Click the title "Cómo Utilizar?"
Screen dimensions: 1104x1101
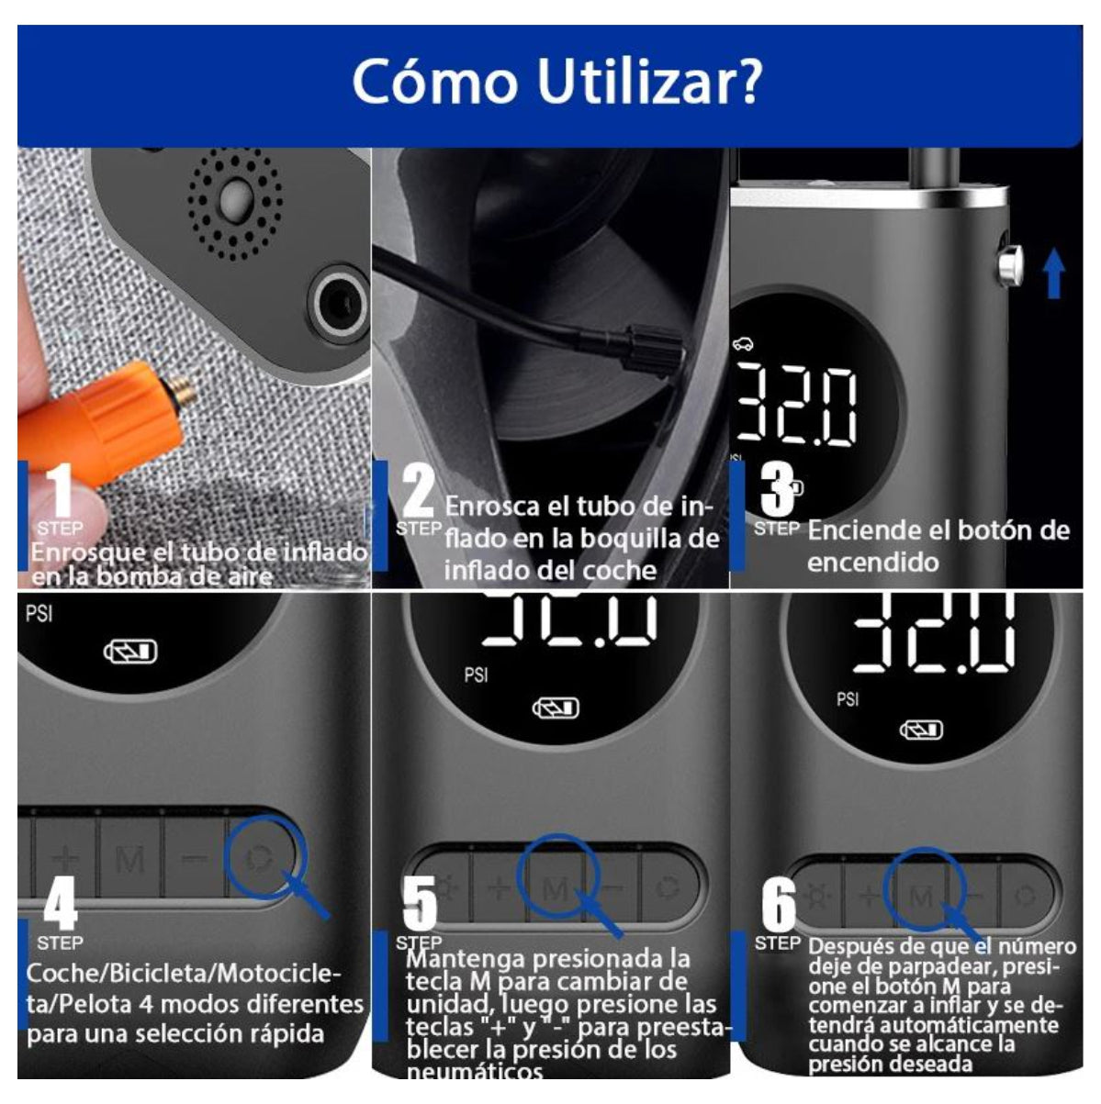pyautogui.click(x=556, y=82)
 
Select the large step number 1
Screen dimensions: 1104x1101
pyautogui.click(x=60, y=490)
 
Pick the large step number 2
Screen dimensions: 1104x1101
pyautogui.click(x=419, y=490)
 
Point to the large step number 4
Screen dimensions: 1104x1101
pyautogui.click(x=60, y=904)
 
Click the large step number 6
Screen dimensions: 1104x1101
pyautogui.click(x=779, y=904)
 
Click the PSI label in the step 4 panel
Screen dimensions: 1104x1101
pyautogui.click(x=39, y=614)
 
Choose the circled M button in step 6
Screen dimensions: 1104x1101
pyautogui.click(x=923, y=896)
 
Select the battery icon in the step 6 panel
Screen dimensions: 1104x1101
pyautogui.click(x=921, y=730)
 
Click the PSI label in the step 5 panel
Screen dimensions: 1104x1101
pyautogui.click(x=476, y=675)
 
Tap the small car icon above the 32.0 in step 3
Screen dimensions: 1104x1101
pyautogui.click(x=743, y=344)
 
